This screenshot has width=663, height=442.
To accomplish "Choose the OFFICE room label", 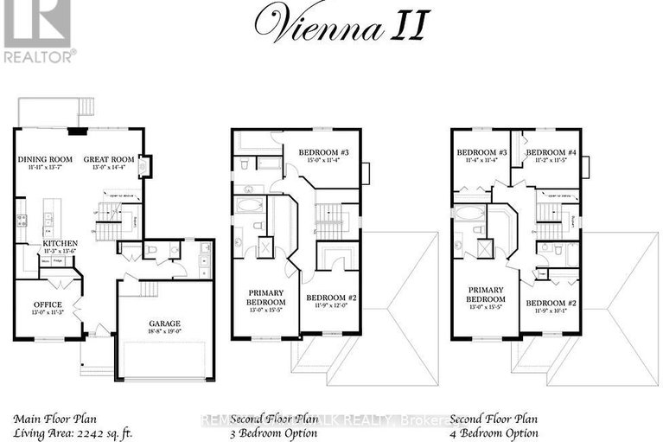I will pyautogui.click(x=47, y=304).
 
